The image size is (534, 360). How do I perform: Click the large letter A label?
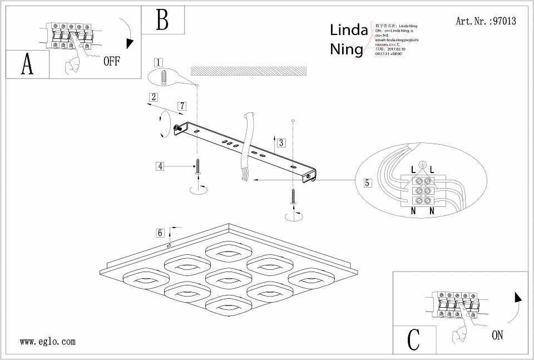click(x=27, y=65)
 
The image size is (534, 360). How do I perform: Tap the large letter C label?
click(x=414, y=339)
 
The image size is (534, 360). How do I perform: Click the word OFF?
click(x=111, y=62)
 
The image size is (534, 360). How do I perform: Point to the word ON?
click(x=497, y=335)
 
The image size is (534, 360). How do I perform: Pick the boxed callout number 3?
click(x=281, y=142)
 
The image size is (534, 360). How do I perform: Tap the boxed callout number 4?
click(x=160, y=165)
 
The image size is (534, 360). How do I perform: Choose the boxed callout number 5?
click(x=367, y=182)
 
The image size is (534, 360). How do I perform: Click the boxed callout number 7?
click(x=182, y=106)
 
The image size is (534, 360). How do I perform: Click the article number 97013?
click(x=505, y=22)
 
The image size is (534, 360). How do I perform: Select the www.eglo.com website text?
click(x=47, y=342)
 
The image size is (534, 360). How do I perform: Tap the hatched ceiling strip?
click(x=249, y=71)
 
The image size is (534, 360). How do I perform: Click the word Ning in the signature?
click(x=347, y=50)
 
